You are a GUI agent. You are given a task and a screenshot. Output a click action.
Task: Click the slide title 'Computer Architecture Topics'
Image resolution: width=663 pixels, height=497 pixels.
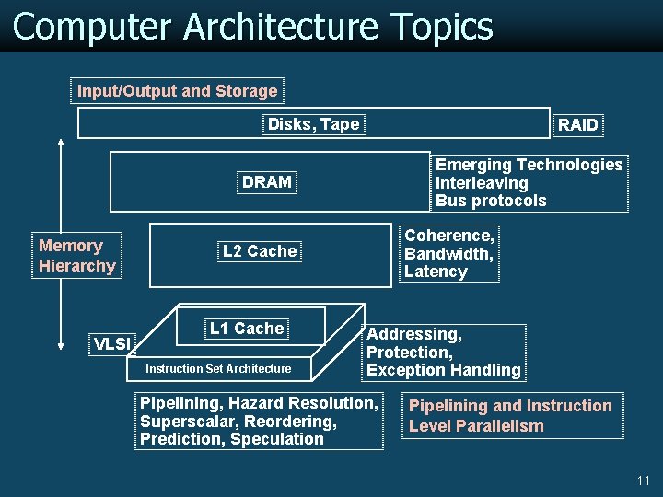253,27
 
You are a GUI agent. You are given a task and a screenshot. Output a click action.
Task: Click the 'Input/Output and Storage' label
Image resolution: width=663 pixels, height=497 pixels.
177,91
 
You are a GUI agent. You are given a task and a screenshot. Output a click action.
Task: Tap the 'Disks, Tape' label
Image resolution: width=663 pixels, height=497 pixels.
313,124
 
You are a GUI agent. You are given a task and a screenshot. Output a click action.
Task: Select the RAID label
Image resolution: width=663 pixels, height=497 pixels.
578,125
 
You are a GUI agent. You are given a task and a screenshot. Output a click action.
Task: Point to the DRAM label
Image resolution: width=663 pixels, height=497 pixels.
267,182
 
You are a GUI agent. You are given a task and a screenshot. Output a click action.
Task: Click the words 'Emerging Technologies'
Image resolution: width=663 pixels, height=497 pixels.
529,165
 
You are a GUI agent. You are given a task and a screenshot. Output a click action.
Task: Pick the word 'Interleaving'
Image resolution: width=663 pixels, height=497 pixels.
482,183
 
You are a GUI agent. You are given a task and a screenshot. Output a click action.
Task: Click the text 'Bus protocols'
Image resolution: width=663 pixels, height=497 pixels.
491,201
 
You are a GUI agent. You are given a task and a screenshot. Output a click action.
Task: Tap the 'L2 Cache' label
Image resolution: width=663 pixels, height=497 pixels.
260,251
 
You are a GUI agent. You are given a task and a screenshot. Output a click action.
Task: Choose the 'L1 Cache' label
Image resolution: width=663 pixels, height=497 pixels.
247,329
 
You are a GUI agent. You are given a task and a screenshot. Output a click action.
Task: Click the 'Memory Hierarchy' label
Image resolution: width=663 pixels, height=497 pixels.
77,256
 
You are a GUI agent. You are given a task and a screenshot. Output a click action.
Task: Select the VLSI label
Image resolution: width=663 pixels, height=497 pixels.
112,344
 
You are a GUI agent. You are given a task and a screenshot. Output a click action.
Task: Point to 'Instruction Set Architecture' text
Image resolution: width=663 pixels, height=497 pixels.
218,369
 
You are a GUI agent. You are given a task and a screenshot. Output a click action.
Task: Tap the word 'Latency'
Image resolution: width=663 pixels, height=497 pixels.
436,272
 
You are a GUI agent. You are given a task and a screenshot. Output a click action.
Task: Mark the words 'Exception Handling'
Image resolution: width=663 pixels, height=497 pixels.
444,370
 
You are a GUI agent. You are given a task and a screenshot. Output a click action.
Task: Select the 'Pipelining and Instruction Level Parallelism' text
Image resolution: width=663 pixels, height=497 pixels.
510,416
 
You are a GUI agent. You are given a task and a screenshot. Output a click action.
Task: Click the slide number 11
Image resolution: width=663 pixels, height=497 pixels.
643,480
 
